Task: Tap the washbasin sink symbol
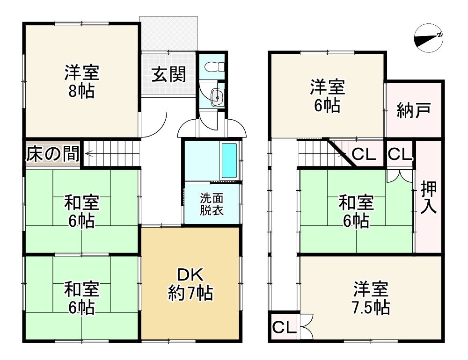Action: pos(216,98)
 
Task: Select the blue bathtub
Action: pos(229,160)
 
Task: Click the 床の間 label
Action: pos(52,154)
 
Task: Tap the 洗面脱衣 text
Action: pos(212,204)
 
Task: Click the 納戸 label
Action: pos(413,110)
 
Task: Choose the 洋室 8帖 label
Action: pos(81,82)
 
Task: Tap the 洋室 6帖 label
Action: pos(327,96)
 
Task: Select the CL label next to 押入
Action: pos(400,154)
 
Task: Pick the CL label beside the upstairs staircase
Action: pos(364,154)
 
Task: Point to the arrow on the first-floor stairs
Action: pos(90,153)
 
